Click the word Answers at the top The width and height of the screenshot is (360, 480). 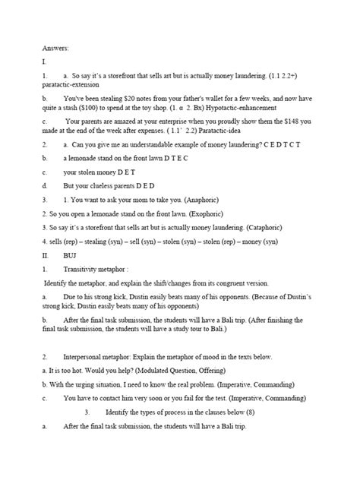pyautogui.click(x=55, y=49)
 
